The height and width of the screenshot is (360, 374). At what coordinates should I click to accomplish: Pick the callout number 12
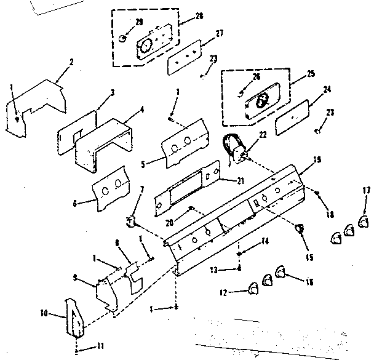pos(225,293)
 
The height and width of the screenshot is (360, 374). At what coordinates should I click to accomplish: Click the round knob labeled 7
pos(130,222)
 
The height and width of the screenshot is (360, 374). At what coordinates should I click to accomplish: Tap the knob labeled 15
pos(300,230)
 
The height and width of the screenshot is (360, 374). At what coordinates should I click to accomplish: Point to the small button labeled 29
pos(123,39)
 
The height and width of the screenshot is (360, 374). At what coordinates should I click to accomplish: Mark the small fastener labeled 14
pos(239,252)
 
